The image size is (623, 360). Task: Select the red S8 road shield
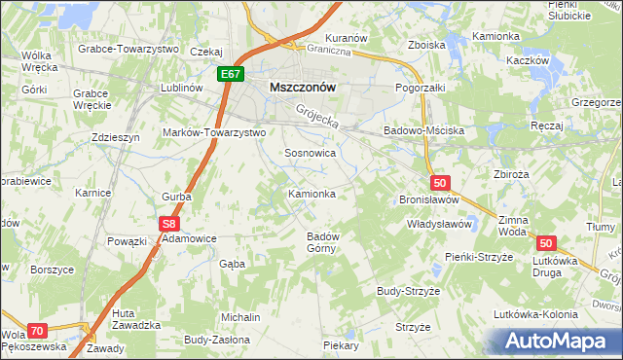point(169,223)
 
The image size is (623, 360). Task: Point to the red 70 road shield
point(37,331)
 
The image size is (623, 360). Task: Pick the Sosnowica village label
point(310,153)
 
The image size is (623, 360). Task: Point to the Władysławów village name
point(438,224)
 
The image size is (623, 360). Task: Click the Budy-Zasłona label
point(216,341)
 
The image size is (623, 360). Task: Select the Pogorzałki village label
point(421,87)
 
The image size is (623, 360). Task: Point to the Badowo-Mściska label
point(423,129)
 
